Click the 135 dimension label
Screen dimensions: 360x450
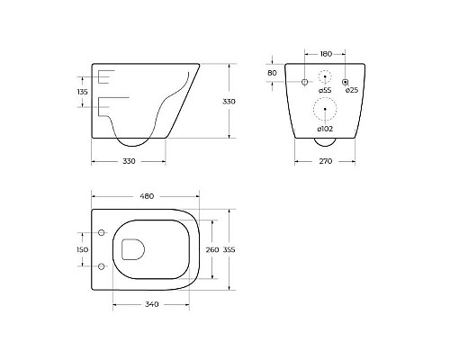coord(82,91)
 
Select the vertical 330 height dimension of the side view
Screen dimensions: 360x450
coord(229,102)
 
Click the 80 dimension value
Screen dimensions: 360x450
coord(273,73)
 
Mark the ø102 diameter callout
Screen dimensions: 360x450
coord(326,128)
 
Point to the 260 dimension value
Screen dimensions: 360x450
coord(213,249)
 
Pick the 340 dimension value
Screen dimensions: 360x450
coord(151,304)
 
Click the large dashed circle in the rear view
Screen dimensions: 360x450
coord(326,109)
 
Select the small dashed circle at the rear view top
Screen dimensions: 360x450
coord(326,80)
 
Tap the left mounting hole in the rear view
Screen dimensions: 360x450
coord(304,83)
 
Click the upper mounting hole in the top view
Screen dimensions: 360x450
coord(101,234)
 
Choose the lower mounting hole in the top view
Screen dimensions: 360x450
coord(101,267)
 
